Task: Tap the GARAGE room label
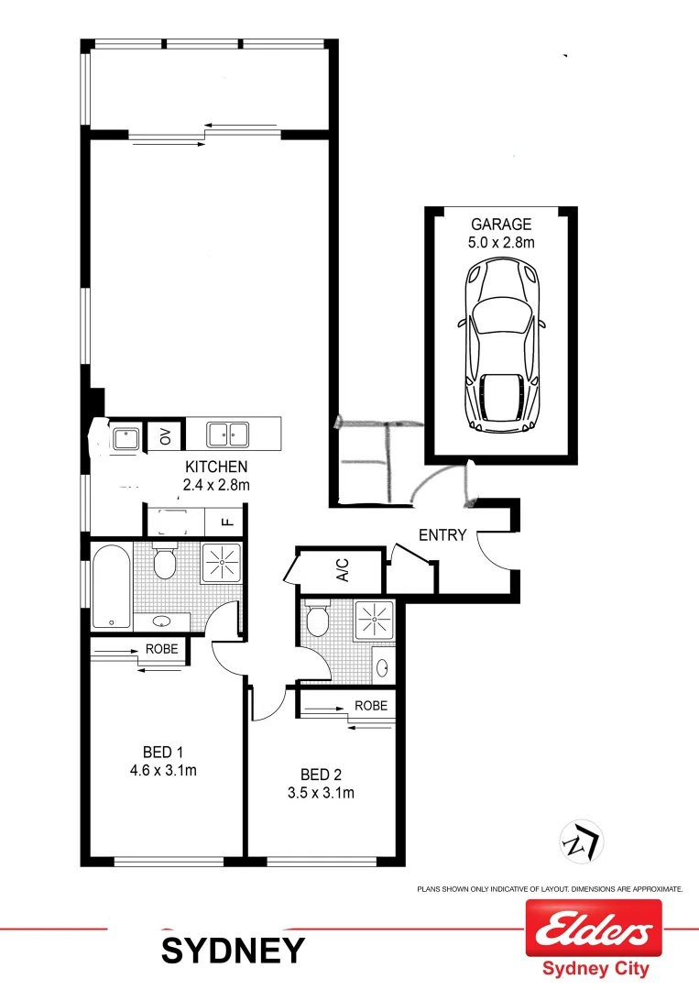coord(500,225)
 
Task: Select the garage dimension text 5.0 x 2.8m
coord(500,242)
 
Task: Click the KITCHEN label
coord(216,467)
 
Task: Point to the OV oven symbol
coord(166,435)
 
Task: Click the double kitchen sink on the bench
coord(228,434)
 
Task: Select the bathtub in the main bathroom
coord(111,586)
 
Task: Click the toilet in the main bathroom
coord(165,561)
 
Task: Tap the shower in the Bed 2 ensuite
coord(374,621)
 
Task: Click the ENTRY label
coord(442,535)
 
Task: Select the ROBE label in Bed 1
coord(162,650)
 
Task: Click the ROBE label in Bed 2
coord(371,707)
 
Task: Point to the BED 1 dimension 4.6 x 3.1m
coord(164,770)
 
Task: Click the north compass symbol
coord(578,840)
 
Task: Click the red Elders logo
coord(593,929)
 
